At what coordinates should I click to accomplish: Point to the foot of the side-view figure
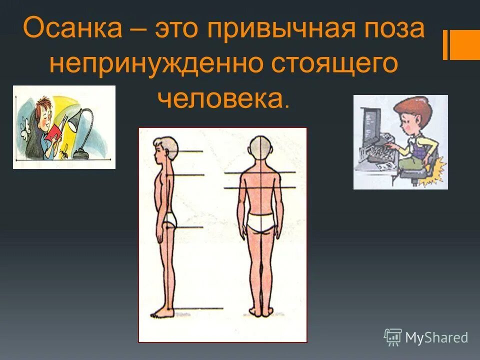(x=161, y=313)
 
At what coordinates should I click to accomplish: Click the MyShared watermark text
(x=436, y=338)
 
